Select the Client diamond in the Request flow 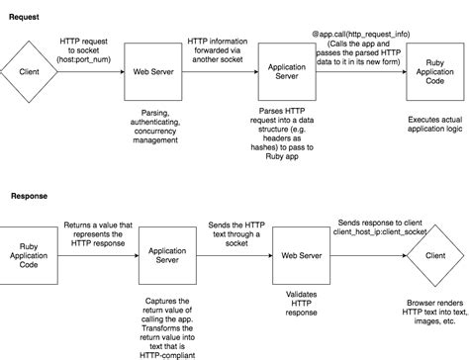tap(31, 71)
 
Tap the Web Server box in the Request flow tap(153, 71)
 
